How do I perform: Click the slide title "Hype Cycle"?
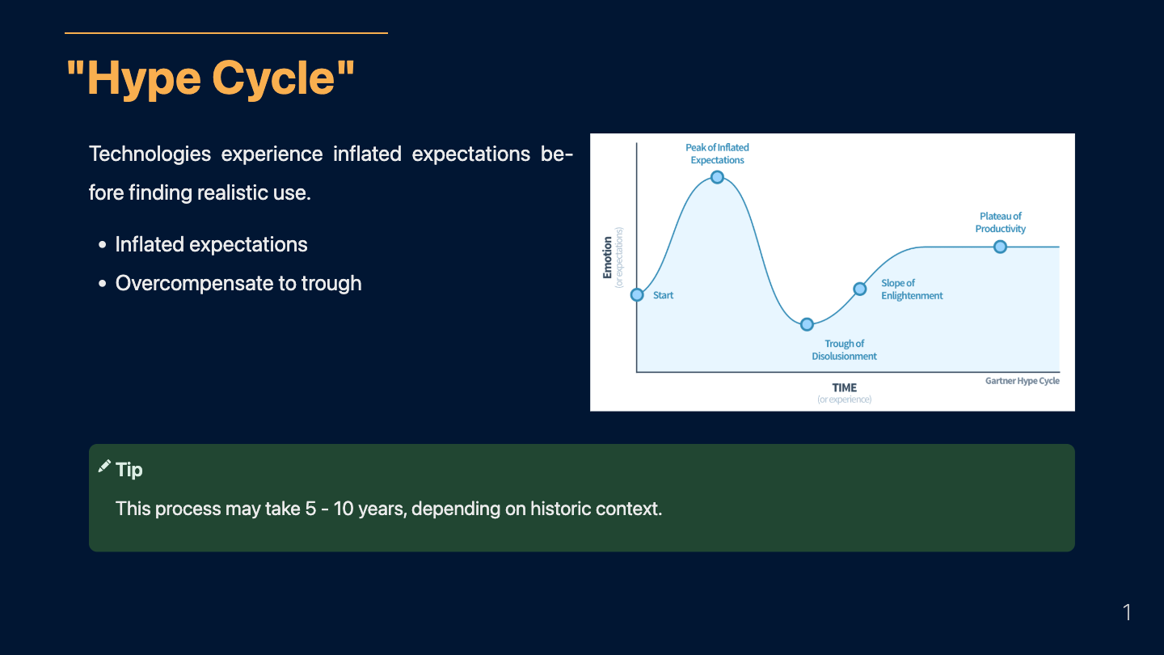210,78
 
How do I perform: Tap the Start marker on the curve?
637,294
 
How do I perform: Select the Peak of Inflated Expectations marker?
717,177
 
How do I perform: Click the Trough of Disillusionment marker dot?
807,324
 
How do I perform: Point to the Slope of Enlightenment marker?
860,289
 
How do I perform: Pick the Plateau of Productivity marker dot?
1001,247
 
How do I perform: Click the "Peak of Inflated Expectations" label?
717,154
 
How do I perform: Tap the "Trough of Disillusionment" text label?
844,350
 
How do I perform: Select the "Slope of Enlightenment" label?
912,289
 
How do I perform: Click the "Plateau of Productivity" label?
1001,222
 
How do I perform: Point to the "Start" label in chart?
663,295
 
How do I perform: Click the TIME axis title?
845,388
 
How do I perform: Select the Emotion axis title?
607,257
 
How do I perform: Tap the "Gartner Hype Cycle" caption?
1022,381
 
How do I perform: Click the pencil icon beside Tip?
104,467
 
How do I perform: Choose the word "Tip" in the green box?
129,470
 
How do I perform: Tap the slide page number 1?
1127,612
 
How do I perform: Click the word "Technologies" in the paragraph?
150,154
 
